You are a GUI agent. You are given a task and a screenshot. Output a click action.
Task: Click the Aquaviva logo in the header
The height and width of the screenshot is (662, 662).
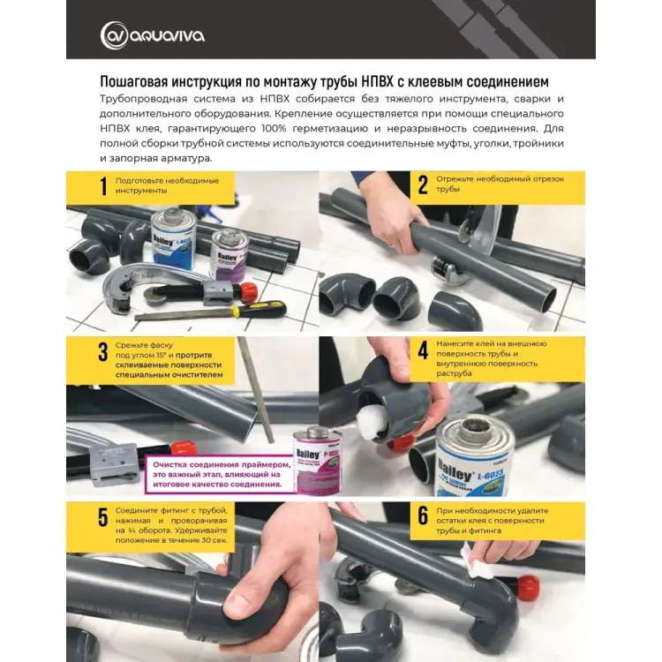point(153,35)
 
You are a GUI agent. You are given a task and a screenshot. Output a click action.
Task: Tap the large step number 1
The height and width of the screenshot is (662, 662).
point(103,186)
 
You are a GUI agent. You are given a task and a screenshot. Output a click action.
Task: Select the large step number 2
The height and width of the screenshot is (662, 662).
point(423,185)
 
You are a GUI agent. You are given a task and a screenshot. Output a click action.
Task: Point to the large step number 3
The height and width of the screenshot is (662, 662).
point(103,351)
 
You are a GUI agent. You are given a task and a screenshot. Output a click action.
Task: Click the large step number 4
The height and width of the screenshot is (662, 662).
point(423,350)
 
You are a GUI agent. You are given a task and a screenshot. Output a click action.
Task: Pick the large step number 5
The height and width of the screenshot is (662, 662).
point(103,517)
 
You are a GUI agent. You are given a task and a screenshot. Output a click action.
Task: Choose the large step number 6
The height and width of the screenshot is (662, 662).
point(423,516)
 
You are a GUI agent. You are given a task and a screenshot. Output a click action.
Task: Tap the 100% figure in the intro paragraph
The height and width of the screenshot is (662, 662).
point(275,128)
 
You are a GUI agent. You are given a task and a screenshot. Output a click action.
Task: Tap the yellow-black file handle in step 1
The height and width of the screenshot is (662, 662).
point(259,310)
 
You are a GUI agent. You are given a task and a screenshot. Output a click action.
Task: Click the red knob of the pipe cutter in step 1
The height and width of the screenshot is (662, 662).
point(249,290)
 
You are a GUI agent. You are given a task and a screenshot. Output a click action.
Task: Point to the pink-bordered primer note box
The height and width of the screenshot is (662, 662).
point(221,474)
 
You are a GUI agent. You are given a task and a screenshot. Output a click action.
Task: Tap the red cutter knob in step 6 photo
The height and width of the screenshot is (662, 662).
point(528,584)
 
